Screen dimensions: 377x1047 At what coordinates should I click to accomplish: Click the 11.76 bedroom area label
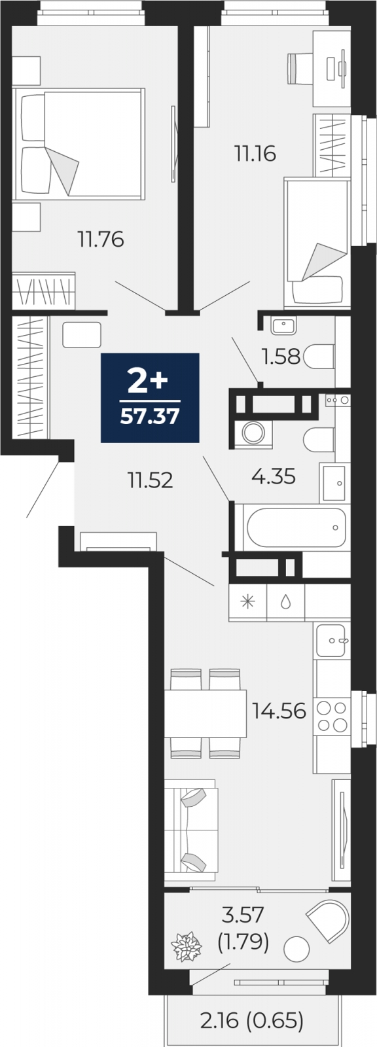click(101, 240)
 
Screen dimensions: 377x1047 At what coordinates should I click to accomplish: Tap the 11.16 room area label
click(255, 153)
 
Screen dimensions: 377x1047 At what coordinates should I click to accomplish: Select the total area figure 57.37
click(150, 416)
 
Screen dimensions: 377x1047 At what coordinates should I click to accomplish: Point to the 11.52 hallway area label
click(150, 480)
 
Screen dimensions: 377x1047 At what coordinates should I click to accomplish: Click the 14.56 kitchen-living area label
click(279, 711)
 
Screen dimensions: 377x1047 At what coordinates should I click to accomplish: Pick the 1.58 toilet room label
click(281, 357)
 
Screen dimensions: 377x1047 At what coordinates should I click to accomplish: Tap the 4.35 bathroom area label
click(274, 476)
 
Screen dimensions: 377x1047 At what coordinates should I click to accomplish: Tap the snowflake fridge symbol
click(247, 602)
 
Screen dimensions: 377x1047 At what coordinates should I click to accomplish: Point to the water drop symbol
click(285, 603)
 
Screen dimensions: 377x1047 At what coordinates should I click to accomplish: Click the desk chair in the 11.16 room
click(299, 68)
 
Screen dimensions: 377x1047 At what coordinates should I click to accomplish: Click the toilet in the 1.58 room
click(319, 357)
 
